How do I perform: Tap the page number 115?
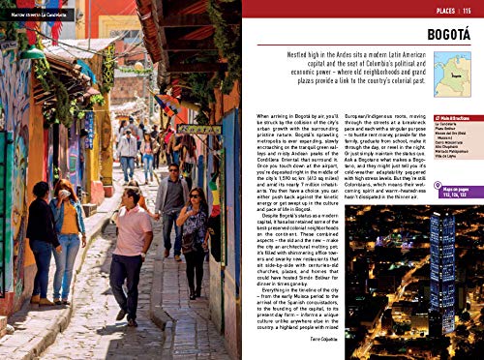(467, 10)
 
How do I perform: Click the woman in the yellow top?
(68, 232)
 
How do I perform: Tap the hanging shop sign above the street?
(198, 129)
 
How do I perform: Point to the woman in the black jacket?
(42, 237)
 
